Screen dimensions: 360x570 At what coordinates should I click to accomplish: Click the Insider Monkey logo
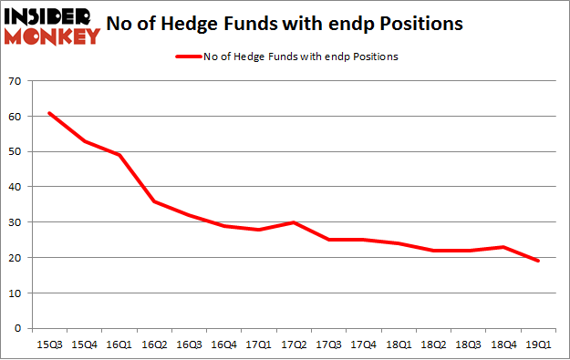click(53, 26)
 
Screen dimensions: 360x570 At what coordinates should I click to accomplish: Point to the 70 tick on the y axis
click(16, 82)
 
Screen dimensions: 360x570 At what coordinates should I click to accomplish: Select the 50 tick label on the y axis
click(16, 152)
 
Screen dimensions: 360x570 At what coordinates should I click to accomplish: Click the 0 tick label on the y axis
click(18, 328)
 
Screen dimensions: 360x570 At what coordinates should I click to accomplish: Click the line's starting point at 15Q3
click(49, 113)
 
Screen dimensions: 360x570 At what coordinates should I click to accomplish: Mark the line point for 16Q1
click(119, 155)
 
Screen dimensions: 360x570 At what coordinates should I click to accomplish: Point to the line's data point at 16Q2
click(156, 201)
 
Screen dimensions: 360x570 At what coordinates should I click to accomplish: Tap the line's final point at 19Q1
click(539, 261)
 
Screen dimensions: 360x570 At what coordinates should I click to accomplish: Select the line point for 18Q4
click(503, 247)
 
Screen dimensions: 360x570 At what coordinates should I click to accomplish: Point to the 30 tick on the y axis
click(16, 222)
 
